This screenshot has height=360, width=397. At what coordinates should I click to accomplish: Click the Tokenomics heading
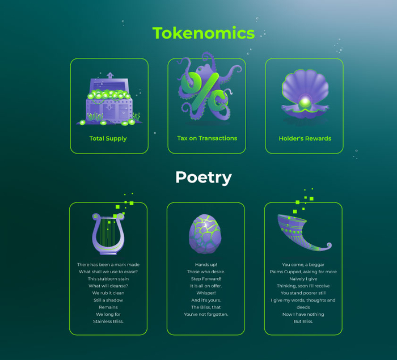coord(204,33)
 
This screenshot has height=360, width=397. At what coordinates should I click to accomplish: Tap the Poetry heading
coord(204,177)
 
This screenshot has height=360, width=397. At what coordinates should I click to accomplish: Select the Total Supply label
coord(108,138)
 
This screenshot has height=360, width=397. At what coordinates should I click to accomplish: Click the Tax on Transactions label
coord(207,138)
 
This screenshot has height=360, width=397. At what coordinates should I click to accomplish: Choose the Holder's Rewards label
coord(305,138)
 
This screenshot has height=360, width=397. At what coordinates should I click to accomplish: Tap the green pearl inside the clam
coord(305,103)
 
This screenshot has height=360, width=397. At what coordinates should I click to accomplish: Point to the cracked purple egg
coord(205,234)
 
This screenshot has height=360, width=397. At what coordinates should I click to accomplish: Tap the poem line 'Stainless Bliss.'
coord(108,321)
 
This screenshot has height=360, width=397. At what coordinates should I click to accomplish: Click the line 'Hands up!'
coord(206,265)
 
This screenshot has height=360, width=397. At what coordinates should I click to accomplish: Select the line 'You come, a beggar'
coord(303,265)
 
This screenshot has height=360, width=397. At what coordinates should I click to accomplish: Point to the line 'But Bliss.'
coord(303,321)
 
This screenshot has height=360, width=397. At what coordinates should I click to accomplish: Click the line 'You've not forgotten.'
coord(206,315)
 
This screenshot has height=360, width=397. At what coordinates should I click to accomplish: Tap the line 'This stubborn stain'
coord(108,279)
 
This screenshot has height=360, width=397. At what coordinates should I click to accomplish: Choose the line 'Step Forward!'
coord(206,279)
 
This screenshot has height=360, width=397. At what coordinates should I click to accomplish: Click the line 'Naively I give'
coord(303,279)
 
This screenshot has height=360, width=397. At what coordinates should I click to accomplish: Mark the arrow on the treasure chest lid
coord(110,75)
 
